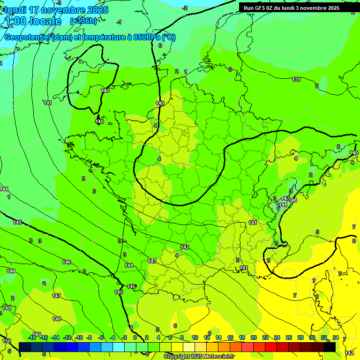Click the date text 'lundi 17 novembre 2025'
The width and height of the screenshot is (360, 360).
(56, 10)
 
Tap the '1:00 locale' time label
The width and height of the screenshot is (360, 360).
(32, 21)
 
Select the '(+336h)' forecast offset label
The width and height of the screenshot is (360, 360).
(83, 21)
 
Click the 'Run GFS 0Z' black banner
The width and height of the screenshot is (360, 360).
(291, 8)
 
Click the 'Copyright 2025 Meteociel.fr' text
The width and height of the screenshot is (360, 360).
(199, 357)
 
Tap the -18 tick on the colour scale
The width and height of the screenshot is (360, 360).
(32, 337)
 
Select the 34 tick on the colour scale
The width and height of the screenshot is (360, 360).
(336, 337)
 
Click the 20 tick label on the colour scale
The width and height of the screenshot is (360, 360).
(254, 337)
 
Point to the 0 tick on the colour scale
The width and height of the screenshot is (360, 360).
(135, 337)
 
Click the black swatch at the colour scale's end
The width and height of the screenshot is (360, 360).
(330, 347)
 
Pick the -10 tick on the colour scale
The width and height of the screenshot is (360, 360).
(79, 337)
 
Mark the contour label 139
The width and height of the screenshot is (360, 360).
(296, 79)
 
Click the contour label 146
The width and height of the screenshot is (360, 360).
(67, 262)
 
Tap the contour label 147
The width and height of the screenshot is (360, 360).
(56, 296)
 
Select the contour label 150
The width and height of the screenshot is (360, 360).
(6, 341)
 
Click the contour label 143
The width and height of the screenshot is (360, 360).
(152, 261)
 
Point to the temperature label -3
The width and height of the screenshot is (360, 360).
(59, 3)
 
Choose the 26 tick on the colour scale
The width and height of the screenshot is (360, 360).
(289, 337)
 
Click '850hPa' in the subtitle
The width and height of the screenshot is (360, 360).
(149, 37)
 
